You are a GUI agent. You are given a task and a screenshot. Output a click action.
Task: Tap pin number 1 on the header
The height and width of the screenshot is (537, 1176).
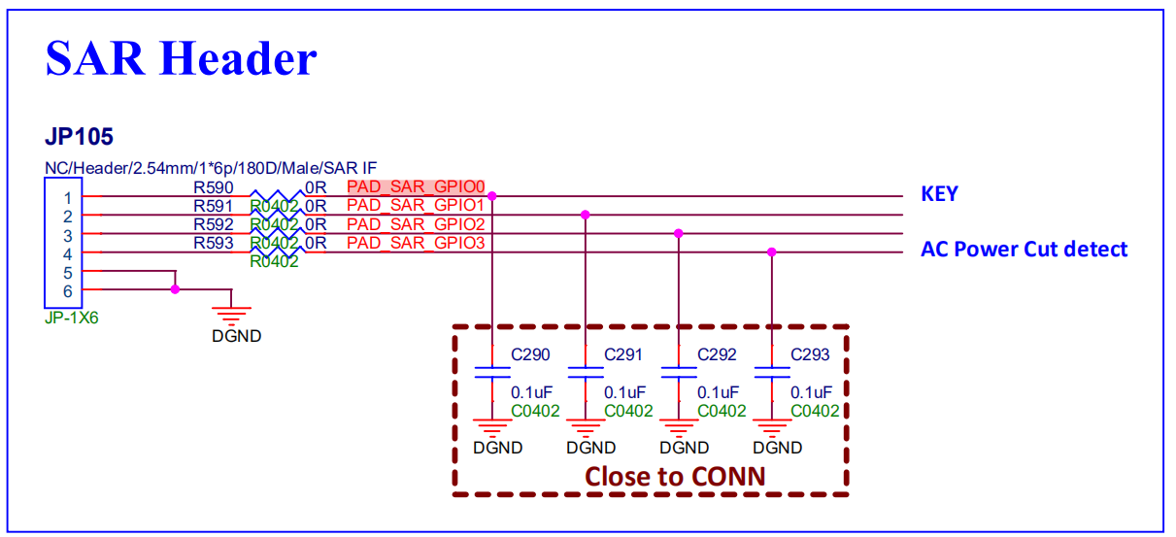[x=68, y=197]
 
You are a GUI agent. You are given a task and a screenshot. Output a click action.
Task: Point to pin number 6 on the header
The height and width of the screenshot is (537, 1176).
[x=68, y=290]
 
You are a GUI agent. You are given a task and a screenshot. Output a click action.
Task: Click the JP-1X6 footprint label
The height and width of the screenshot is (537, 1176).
[x=71, y=318]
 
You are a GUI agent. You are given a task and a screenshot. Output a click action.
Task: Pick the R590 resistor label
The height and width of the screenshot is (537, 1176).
[x=213, y=187]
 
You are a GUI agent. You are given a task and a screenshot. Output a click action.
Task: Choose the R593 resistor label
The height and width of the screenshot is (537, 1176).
[x=213, y=243]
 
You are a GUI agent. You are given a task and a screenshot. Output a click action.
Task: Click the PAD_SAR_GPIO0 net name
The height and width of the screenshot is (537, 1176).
[x=416, y=186]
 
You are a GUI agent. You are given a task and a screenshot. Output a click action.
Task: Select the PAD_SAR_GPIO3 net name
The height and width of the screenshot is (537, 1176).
[x=416, y=243]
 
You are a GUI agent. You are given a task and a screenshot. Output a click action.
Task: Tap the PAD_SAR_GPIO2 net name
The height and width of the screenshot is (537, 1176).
[x=416, y=224]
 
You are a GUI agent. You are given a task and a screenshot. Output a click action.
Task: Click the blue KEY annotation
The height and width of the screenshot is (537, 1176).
[x=939, y=194]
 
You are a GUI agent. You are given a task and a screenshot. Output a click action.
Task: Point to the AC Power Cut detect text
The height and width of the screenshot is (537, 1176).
[x=1024, y=250]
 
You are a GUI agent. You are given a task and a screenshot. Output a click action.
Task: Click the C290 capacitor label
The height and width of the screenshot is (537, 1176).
[x=530, y=355]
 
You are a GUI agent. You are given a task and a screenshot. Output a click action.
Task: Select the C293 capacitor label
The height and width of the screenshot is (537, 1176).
[x=810, y=355]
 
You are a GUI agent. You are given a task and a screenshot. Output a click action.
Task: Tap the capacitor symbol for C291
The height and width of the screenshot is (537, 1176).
[x=586, y=372]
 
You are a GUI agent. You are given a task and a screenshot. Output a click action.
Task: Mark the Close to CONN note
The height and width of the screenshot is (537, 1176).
[x=674, y=477]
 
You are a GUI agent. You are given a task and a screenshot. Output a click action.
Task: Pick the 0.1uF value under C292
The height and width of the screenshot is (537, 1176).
[x=717, y=392]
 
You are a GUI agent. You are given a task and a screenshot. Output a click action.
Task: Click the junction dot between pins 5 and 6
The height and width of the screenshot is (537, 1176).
[x=175, y=289]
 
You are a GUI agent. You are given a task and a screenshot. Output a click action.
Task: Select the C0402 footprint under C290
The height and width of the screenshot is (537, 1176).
[x=535, y=411]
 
